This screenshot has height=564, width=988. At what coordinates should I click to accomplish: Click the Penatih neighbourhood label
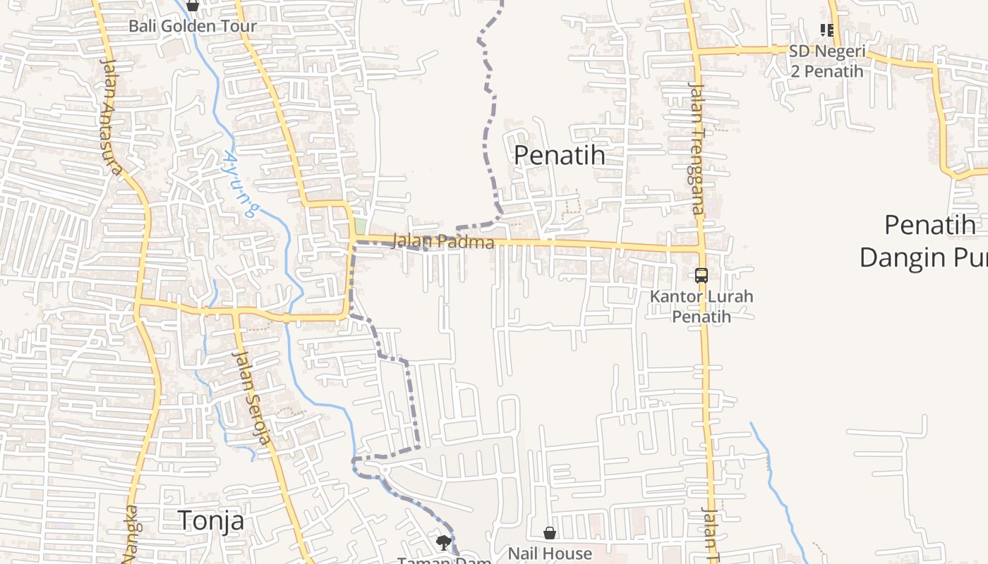click(559, 154)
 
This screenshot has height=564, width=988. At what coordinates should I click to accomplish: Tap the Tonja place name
click(211, 520)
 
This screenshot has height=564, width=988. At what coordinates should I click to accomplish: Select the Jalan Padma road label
click(442, 242)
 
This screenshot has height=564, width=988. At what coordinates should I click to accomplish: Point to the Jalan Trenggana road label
click(697, 148)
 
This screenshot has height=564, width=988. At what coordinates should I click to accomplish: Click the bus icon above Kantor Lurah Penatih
click(701, 276)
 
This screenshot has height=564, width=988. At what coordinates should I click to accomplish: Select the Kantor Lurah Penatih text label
click(701, 306)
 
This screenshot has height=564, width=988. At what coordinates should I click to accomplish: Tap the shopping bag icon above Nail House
click(550, 533)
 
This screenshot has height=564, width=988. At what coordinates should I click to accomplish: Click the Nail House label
click(550, 553)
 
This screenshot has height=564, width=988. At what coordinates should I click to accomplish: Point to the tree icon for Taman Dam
click(443, 542)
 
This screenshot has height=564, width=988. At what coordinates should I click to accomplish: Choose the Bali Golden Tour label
click(192, 26)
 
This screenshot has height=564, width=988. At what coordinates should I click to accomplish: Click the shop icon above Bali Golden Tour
click(192, 6)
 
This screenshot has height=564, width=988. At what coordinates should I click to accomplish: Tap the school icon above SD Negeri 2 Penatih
click(826, 30)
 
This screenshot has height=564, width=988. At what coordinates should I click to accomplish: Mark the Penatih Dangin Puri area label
click(924, 241)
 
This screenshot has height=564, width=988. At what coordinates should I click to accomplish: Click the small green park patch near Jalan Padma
click(361, 226)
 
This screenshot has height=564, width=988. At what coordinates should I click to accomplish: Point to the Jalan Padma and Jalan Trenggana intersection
click(700, 248)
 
